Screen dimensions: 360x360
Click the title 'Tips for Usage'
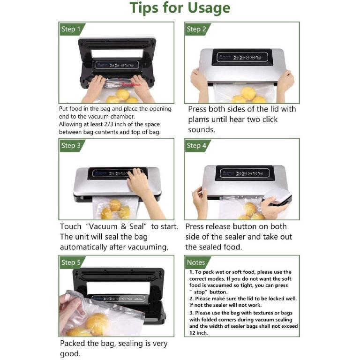click(180, 8)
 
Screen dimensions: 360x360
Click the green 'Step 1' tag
click(71, 29)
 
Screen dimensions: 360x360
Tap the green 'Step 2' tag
click(196, 29)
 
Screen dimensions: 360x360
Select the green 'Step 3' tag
click(71, 145)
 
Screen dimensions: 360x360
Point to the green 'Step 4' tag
click(196, 145)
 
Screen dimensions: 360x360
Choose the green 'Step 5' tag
click(71, 262)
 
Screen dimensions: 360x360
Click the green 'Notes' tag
click(196, 262)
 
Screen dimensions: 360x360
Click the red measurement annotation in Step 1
click(131, 85)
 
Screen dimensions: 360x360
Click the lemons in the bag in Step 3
click(115, 210)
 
